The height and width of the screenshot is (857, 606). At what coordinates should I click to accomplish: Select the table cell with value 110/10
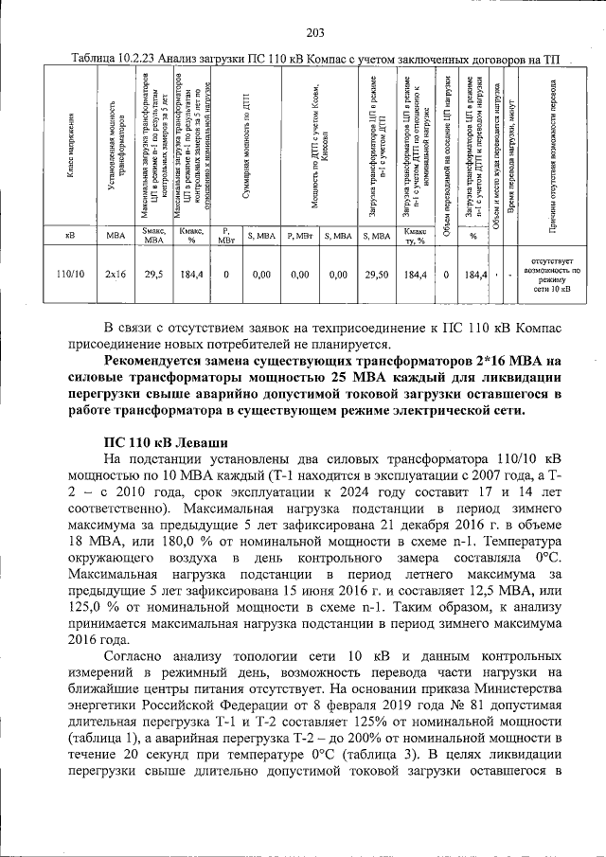[x=70, y=275]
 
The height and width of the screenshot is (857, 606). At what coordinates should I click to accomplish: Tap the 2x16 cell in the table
[x=115, y=275]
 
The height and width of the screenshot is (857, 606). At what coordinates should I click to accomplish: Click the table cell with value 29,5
[x=152, y=275]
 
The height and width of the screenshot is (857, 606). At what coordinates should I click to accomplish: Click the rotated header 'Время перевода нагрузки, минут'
[x=509, y=152]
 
